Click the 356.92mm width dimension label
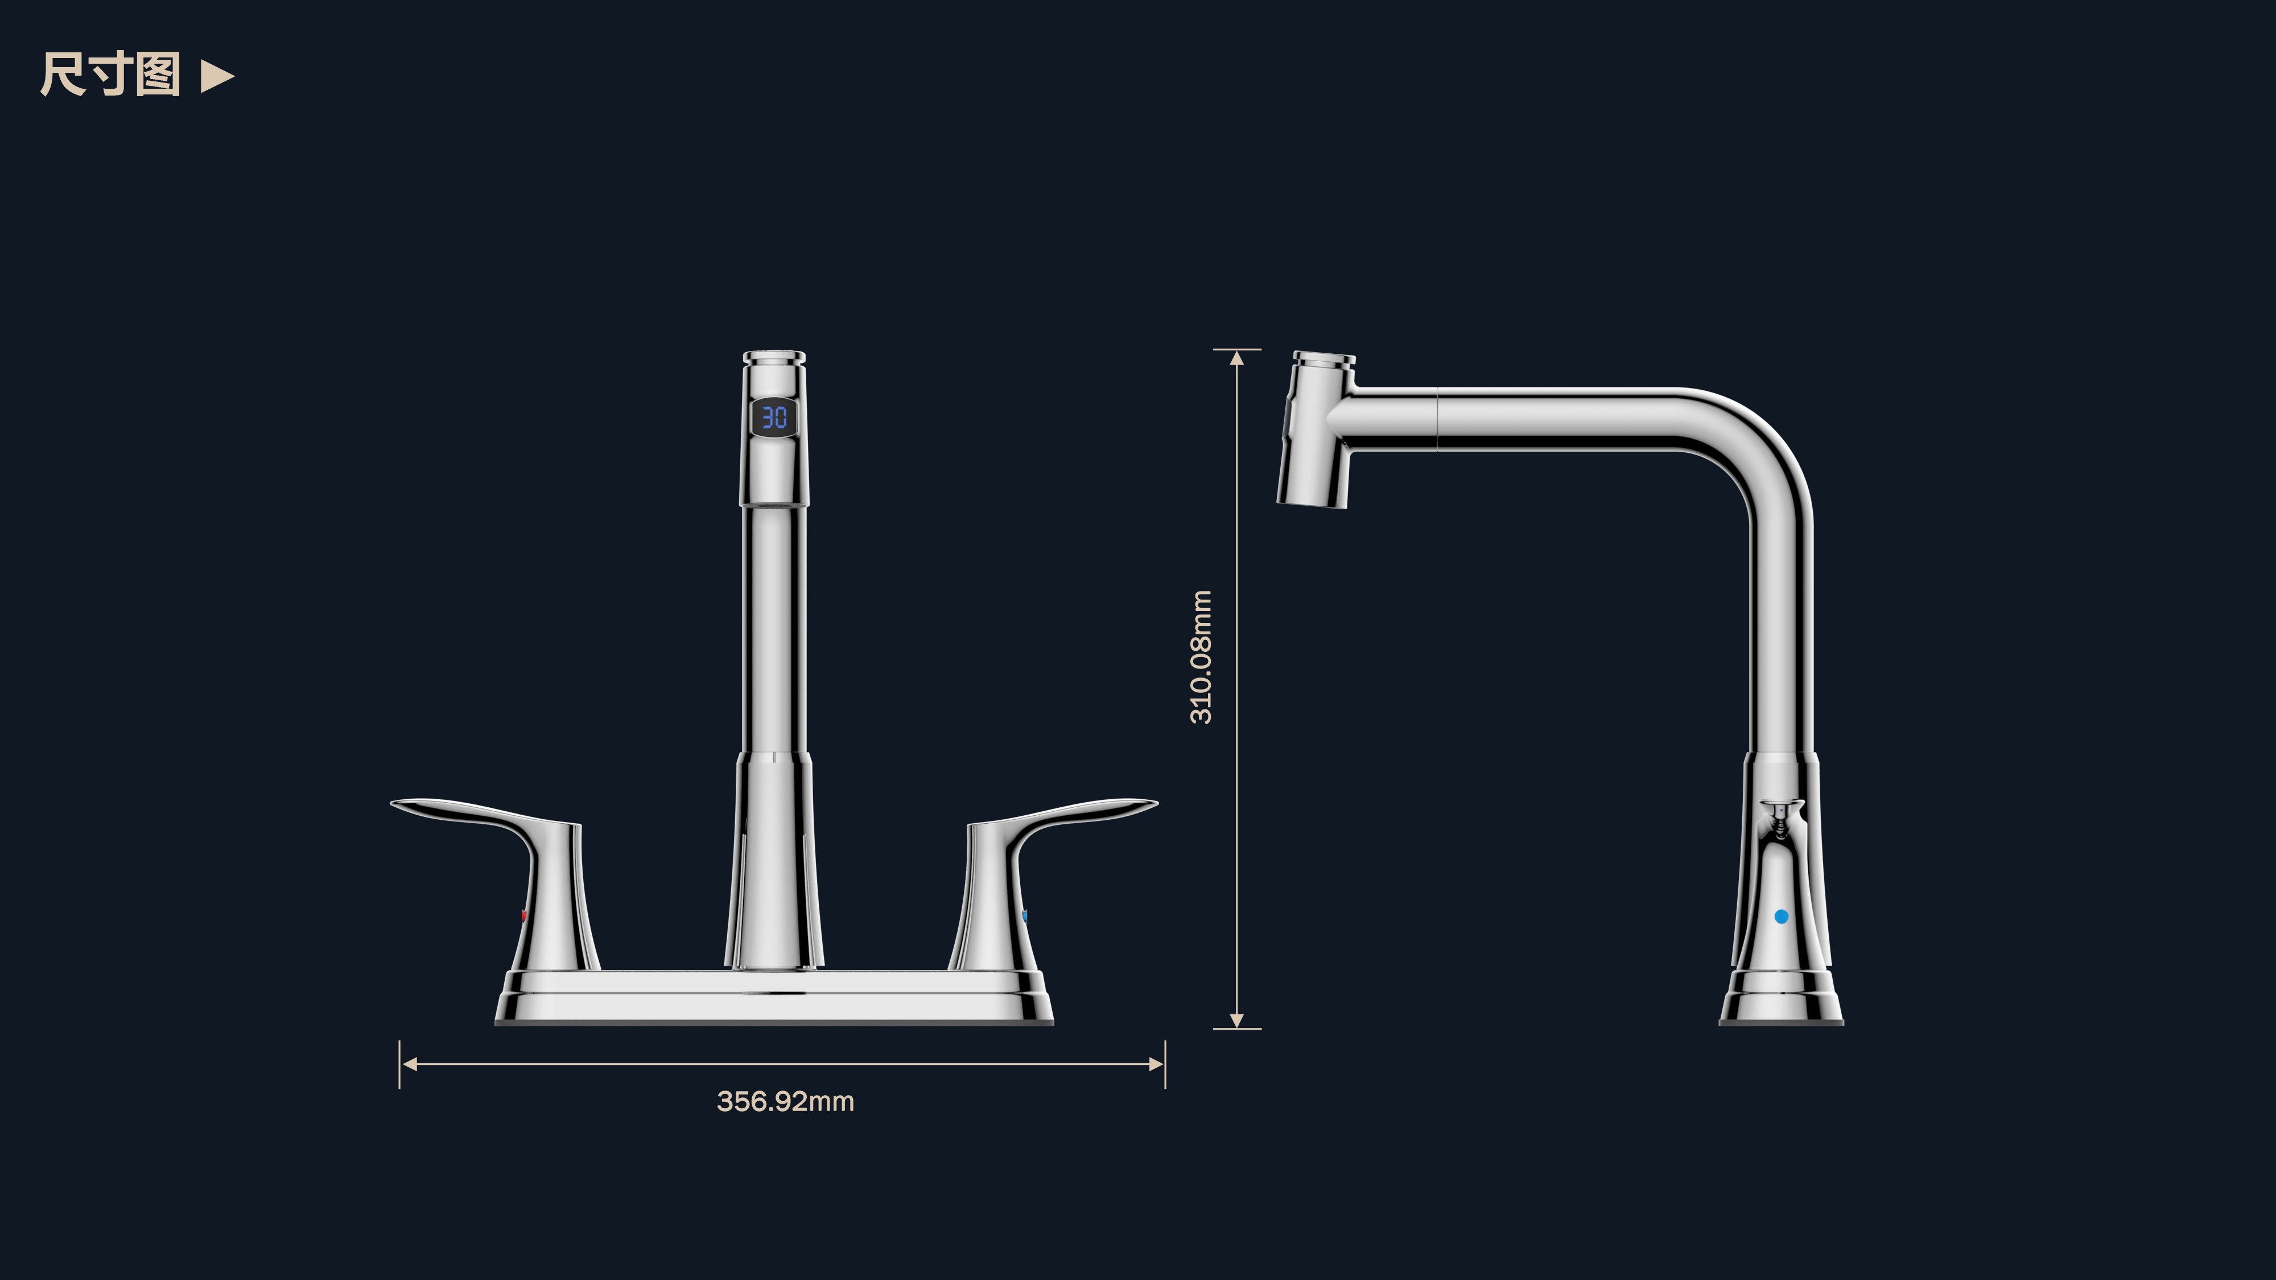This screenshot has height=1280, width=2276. tap(785, 1101)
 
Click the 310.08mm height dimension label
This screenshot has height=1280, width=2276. tap(1201, 657)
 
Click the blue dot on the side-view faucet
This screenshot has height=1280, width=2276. tap(1781, 917)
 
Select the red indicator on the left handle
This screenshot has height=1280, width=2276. tap(524, 916)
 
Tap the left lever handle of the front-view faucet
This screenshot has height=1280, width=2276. tap(499, 874)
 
